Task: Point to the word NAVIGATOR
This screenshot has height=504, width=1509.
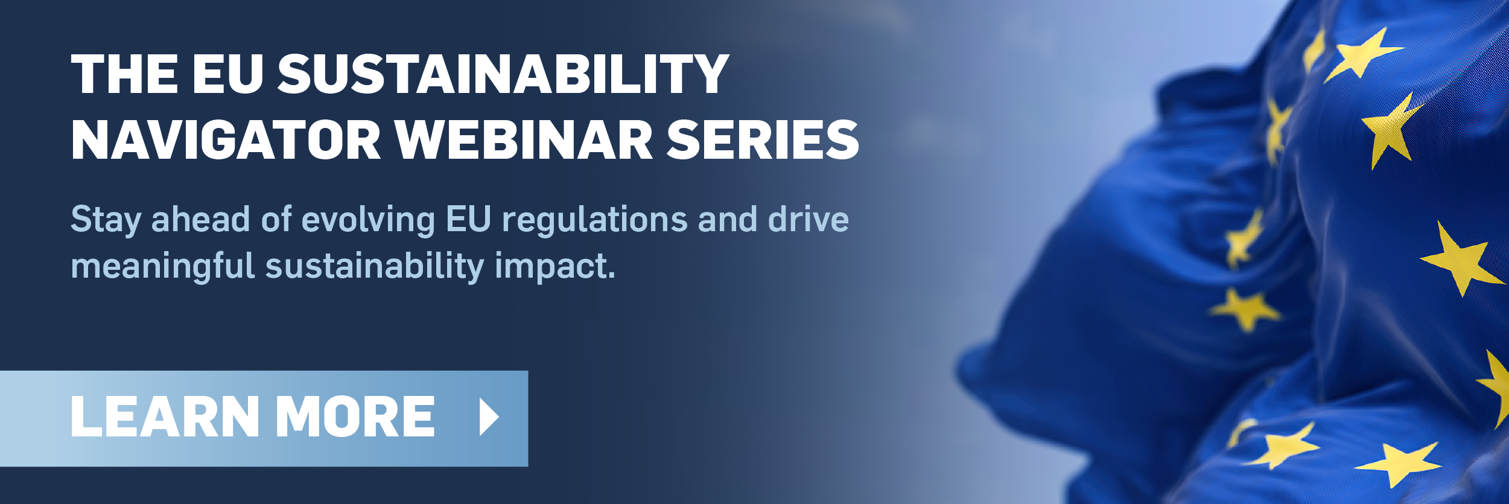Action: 226,139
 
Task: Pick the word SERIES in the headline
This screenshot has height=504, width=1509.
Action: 763,139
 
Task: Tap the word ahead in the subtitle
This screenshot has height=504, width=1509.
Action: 200,219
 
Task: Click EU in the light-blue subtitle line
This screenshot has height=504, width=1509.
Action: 468,219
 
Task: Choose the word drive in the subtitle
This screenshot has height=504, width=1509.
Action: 809,219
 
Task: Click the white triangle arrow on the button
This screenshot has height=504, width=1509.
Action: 489,416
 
